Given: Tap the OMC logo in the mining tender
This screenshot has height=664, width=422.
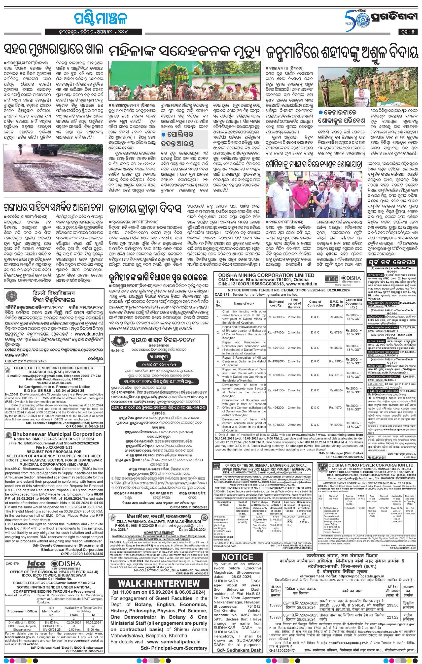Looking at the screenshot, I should pyautogui.click(x=331, y=279).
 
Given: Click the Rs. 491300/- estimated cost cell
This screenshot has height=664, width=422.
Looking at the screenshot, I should pyautogui.click(x=276, y=317).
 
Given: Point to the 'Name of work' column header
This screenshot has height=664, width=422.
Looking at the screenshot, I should pyautogui.click(x=244, y=303).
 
